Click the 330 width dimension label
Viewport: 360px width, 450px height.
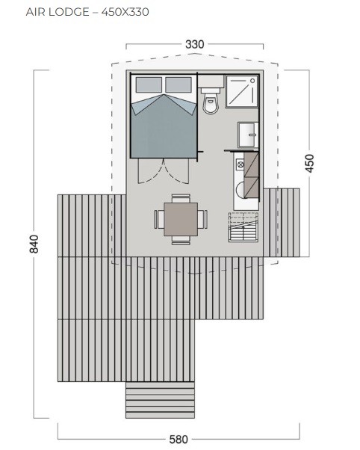point(194,45)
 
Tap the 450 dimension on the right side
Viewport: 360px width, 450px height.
point(309,163)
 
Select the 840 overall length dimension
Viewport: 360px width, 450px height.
point(34,244)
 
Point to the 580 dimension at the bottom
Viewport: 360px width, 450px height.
point(179,440)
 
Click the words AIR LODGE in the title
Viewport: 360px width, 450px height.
point(58,12)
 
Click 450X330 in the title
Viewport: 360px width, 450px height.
point(125,12)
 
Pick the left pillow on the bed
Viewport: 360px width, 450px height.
point(149,84)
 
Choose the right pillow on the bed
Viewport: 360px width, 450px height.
point(179,84)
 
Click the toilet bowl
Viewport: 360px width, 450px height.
point(211,103)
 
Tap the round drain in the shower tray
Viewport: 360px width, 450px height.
point(252,81)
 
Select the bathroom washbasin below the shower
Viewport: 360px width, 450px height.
point(248,135)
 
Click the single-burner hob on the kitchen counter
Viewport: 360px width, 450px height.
point(240,164)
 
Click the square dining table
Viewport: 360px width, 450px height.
point(181,219)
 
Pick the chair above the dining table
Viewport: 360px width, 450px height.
point(181,198)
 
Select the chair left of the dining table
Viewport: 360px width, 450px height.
point(159,219)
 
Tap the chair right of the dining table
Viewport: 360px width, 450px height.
point(202,219)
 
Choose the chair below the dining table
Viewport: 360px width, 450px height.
point(181,241)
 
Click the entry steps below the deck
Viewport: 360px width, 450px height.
point(160,400)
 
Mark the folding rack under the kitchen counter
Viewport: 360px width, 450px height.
point(243,227)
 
